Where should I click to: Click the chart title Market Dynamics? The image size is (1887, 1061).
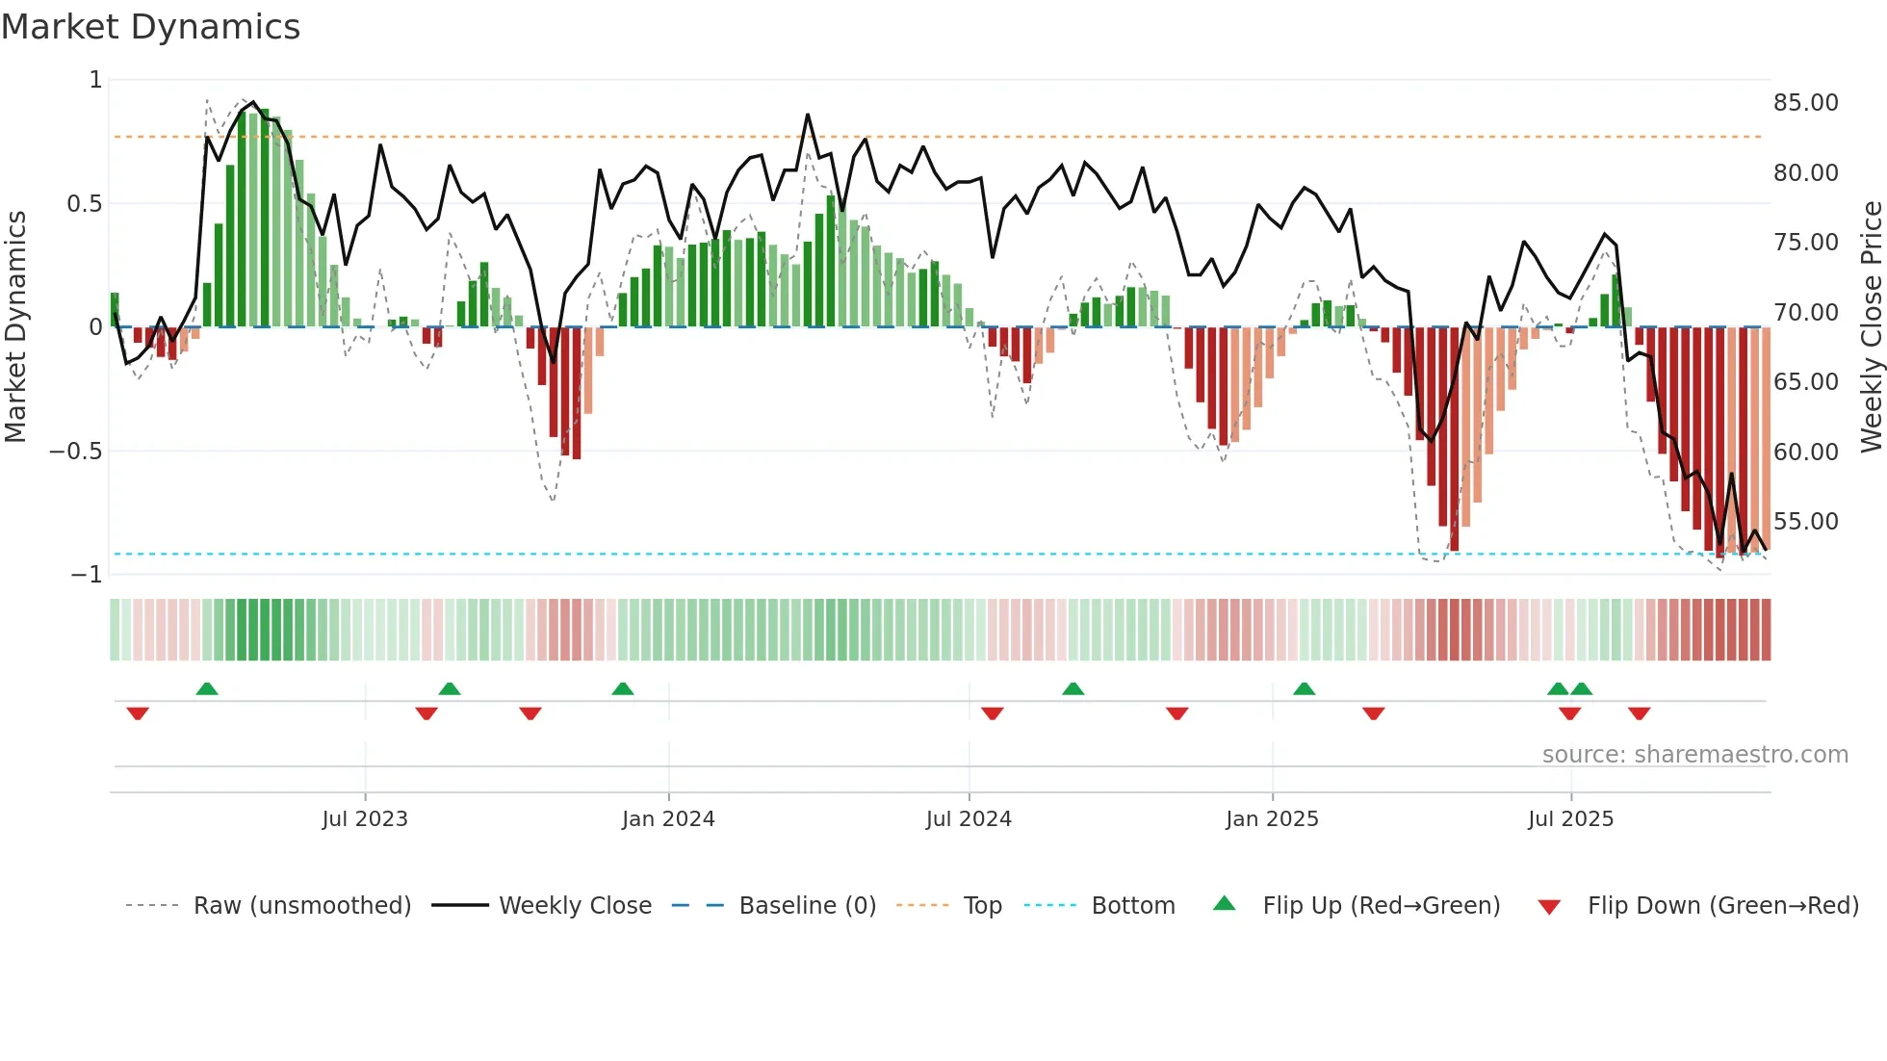coord(150,27)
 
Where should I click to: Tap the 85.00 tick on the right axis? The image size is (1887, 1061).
coord(1805,103)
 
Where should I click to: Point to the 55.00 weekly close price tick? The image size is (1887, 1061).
coord(1805,522)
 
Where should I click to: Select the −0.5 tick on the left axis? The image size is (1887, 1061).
coord(76,452)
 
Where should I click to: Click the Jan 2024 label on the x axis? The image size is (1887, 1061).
coord(668,819)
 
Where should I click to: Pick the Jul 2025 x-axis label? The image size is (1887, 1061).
coord(1570,819)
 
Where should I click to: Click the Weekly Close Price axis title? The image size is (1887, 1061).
coord(1871,326)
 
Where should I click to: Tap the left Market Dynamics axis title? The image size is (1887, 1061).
coord(15,326)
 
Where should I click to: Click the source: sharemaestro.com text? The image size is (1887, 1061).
coord(1694,755)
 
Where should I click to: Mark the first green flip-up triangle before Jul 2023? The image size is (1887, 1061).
coord(207,688)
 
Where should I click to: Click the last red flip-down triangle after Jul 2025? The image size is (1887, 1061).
coord(1640,713)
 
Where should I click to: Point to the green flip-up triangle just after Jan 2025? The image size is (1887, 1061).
coord(1305,688)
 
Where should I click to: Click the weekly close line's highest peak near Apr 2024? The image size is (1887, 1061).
coord(808,115)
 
